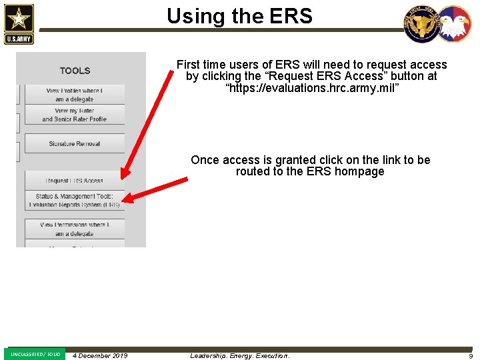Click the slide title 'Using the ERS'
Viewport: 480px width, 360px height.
click(x=239, y=15)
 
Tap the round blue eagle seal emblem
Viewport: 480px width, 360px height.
click(x=421, y=24)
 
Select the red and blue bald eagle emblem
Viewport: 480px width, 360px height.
click(x=453, y=24)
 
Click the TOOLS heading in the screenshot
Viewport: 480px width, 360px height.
click(x=75, y=71)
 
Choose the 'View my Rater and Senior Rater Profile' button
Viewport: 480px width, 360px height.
click(x=75, y=115)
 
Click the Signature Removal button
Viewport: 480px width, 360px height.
click(x=75, y=144)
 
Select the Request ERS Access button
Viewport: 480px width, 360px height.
click(x=75, y=181)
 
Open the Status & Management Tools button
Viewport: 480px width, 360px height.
click(x=75, y=201)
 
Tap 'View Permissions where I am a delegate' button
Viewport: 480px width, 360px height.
click(x=75, y=229)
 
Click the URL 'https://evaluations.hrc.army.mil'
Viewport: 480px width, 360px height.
click(x=312, y=87)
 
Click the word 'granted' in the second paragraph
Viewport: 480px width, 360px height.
click(x=283, y=160)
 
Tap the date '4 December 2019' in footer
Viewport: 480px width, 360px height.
click(x=100, y=356)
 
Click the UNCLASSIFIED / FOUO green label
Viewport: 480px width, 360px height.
click(x=35, y=354)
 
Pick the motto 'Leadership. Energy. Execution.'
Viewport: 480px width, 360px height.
click(x=240, y=356)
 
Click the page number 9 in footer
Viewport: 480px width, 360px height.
click(x=470, y=356)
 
